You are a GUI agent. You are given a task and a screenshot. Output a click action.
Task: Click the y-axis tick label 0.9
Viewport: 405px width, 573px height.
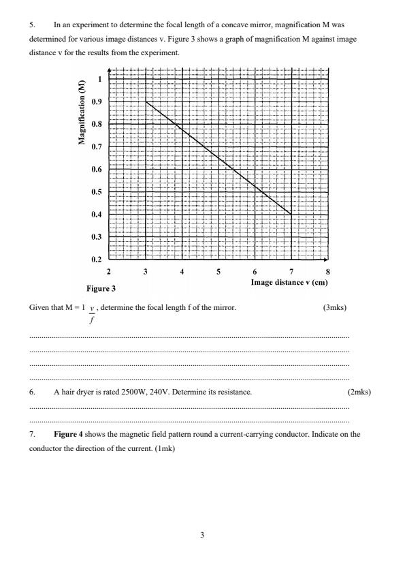[x=99, y=102]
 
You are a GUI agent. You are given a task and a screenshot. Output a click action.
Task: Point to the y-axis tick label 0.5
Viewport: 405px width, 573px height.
[x=99, y=192]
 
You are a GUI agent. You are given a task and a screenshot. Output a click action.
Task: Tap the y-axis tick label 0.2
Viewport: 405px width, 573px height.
[x=99, y=260]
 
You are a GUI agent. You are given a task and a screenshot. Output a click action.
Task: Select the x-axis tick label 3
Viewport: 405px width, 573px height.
[x=145, y=271]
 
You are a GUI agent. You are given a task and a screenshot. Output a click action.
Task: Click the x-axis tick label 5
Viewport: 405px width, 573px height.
[x=218, y=271]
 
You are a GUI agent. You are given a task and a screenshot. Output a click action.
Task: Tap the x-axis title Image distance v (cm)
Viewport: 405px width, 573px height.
[x=289, y=281]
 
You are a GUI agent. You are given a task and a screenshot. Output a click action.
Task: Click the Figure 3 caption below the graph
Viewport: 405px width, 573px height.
[x=101, y=288]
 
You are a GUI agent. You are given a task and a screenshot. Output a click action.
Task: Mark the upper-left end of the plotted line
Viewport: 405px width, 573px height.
[x=146, y=102]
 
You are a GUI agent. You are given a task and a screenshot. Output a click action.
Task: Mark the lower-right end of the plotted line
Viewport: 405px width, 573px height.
[x=291, y=215]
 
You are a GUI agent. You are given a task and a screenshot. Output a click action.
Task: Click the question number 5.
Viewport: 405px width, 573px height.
[x=31, y=24]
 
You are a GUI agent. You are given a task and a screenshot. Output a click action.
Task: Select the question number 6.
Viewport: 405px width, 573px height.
[x=31, y=392]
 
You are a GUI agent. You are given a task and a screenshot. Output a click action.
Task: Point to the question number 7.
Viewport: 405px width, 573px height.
[x=31, y=433]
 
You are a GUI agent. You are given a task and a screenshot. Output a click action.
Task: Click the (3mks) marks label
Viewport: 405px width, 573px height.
[x=334, y=307]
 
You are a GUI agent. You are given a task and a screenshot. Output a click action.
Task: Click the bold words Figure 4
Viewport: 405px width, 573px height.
[x=67, y=433]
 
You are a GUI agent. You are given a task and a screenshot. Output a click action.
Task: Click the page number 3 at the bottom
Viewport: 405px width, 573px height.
[x=202, y=535]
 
